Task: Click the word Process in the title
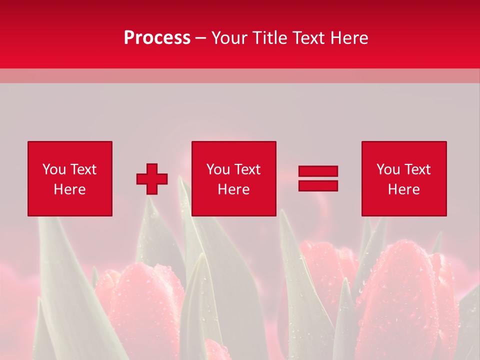pyautogui.click(x=157, y=38)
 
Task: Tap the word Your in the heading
pyautogui.click(x=229, y=38)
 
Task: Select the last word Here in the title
pyautogui.click(x=349, y=38)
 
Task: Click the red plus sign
pyautogui.click(x=152, y=178)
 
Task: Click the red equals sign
pyautogui.click(x=318, y=178)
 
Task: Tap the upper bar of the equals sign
pyautogui.click(x=318, y=171)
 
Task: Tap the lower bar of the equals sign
pyautogui.click(x=318, y=185)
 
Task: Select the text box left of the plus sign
pyautogui.click(x=70, y=178)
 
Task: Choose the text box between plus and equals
pyautogui.click(x=233, y=178)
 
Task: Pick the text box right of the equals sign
pyautogui.click(x=404, y=178)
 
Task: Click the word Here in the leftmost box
pyautogui.click(x=69, y=189)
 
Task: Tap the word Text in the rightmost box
pyautogui.click(x=417, y=169)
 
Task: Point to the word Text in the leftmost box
pyautogui.click(x=83, y=169)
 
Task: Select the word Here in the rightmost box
pyautogui.click(x=404, y=189)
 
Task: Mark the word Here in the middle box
pyautogui.click(x=233, y=189)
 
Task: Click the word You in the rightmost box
pyautogui.click(x=388, y=169)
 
